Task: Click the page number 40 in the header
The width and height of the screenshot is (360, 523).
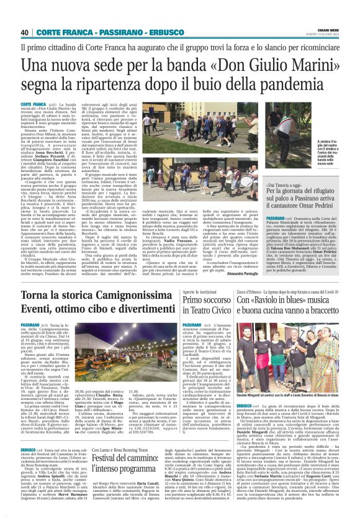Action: coord(25,32)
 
